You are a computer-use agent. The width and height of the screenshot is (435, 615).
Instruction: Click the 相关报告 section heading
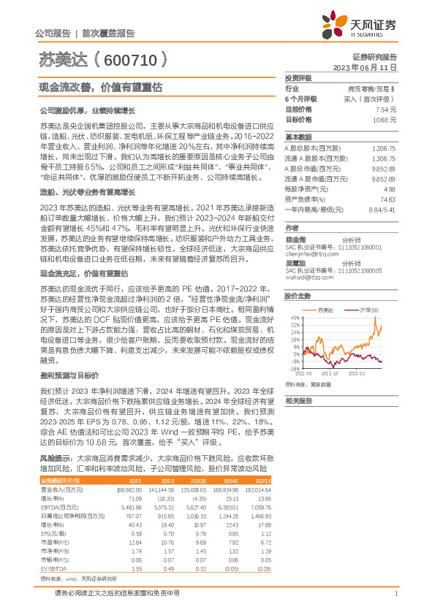pos(299,401)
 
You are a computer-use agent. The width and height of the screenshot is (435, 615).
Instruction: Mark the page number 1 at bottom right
pos(395,603)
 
